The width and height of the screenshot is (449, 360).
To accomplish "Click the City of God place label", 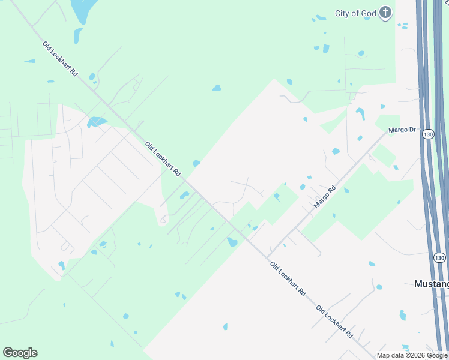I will pos(355,13).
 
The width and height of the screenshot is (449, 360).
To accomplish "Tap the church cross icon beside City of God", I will pos(385,13).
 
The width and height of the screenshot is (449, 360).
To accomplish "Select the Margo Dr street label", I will pos(402,130).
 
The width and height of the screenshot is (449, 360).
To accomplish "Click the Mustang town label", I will pos(432,284).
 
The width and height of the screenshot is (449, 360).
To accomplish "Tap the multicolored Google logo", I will pos(20,353).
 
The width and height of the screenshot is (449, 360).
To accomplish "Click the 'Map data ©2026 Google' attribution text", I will pos(412,355).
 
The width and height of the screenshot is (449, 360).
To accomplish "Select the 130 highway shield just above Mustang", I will pos(440,258).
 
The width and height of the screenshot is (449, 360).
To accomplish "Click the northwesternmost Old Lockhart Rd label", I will pos(61,58).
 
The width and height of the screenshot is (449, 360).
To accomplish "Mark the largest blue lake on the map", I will pos(83,9).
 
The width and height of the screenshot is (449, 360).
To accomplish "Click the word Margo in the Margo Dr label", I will pos(397,130).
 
